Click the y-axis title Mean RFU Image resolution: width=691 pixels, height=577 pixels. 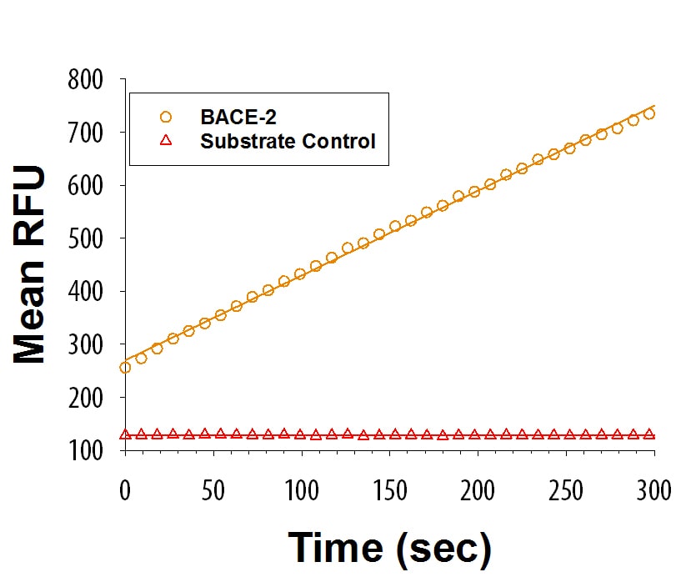tap(30, 265)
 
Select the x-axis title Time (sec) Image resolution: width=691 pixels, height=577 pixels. tap(389, 548)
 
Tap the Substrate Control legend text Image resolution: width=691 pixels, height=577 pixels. tap(288, 141)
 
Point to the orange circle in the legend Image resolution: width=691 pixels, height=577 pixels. tap(165, 117)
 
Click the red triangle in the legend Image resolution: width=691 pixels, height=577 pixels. tap(165, 141)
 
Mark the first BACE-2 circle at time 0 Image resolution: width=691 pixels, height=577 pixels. tap(125, 368)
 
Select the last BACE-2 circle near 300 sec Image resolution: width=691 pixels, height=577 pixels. tap(649, 114)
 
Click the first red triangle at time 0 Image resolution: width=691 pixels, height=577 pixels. tap(125, 434)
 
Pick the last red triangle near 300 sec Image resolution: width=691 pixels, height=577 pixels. tap(649, 434)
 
